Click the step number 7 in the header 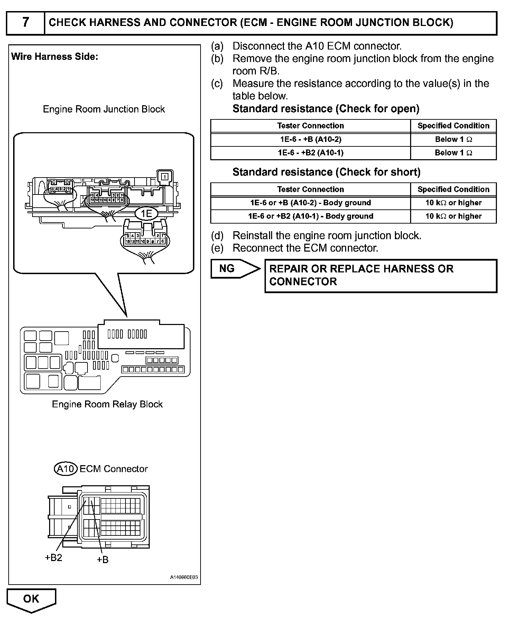[26, 23]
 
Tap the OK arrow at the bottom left [31, 599]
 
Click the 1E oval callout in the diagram [147, 213]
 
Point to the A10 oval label [66, 469]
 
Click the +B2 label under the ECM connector [54, 557]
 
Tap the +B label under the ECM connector [103, 560]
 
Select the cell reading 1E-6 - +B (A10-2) [311, 139]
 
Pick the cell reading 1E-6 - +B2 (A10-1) [311, 153]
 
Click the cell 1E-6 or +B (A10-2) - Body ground [311, 203]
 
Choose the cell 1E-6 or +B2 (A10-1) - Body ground [311, 216]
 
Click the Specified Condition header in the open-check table [453, 126]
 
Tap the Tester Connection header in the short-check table [311, 189]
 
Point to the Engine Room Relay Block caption [107, 404]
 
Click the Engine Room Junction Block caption [104, 109]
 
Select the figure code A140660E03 [184, 578]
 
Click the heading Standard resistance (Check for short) [326, 172]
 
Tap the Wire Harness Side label [55, 57]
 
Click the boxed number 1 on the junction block [165, 177]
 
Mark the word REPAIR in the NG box [288, 269]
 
